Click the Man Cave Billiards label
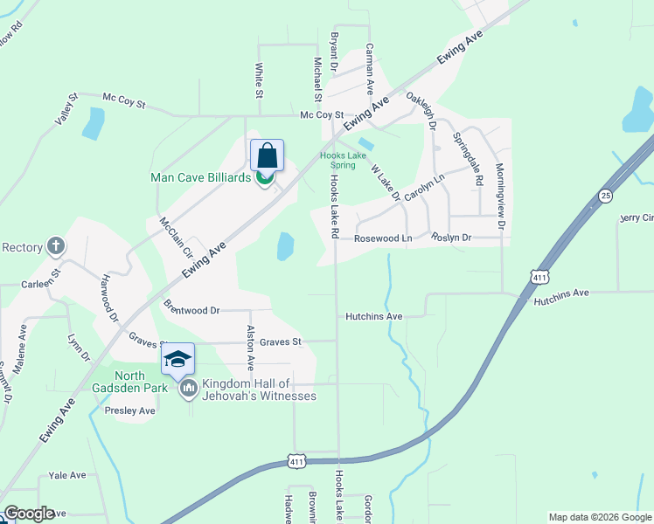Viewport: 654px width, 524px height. pos(201,178)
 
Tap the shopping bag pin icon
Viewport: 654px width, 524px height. pos(268,156)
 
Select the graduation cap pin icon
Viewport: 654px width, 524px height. pos(177,359)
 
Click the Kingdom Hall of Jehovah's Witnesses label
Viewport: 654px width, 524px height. pos(259,390)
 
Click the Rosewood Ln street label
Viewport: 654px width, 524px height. pos(383,238)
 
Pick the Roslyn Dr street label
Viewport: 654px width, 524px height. pos(451,238)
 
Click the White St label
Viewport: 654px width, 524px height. pos(259,79)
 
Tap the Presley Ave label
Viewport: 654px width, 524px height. pos(129,410)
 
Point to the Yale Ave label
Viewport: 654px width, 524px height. pos(67,475)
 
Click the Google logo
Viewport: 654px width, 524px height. pos(30,514)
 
